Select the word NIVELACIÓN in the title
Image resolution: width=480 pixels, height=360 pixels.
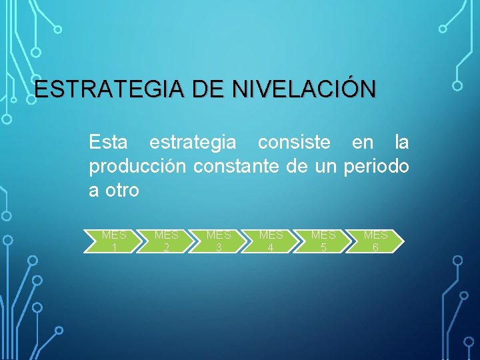[x=304, y=89]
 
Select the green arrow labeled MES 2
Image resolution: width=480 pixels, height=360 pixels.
[x=166, y=241]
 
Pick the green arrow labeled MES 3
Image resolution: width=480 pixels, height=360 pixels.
[x=218, y=241]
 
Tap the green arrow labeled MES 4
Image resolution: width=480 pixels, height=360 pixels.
[x=271, y=241]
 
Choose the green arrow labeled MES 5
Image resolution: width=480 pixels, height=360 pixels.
[x=323, y=241]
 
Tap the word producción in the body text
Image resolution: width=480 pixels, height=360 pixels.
[x=137, y=167]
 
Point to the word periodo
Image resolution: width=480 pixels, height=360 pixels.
[x=376, y=167]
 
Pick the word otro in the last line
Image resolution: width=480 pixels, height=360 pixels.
[x=121, y=191]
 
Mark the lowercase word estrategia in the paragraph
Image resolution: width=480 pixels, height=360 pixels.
[x=192, y=143]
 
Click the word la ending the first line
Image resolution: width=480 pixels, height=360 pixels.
[x=401, y=143]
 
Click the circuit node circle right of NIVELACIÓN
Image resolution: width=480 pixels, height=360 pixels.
[x=457, y=85]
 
